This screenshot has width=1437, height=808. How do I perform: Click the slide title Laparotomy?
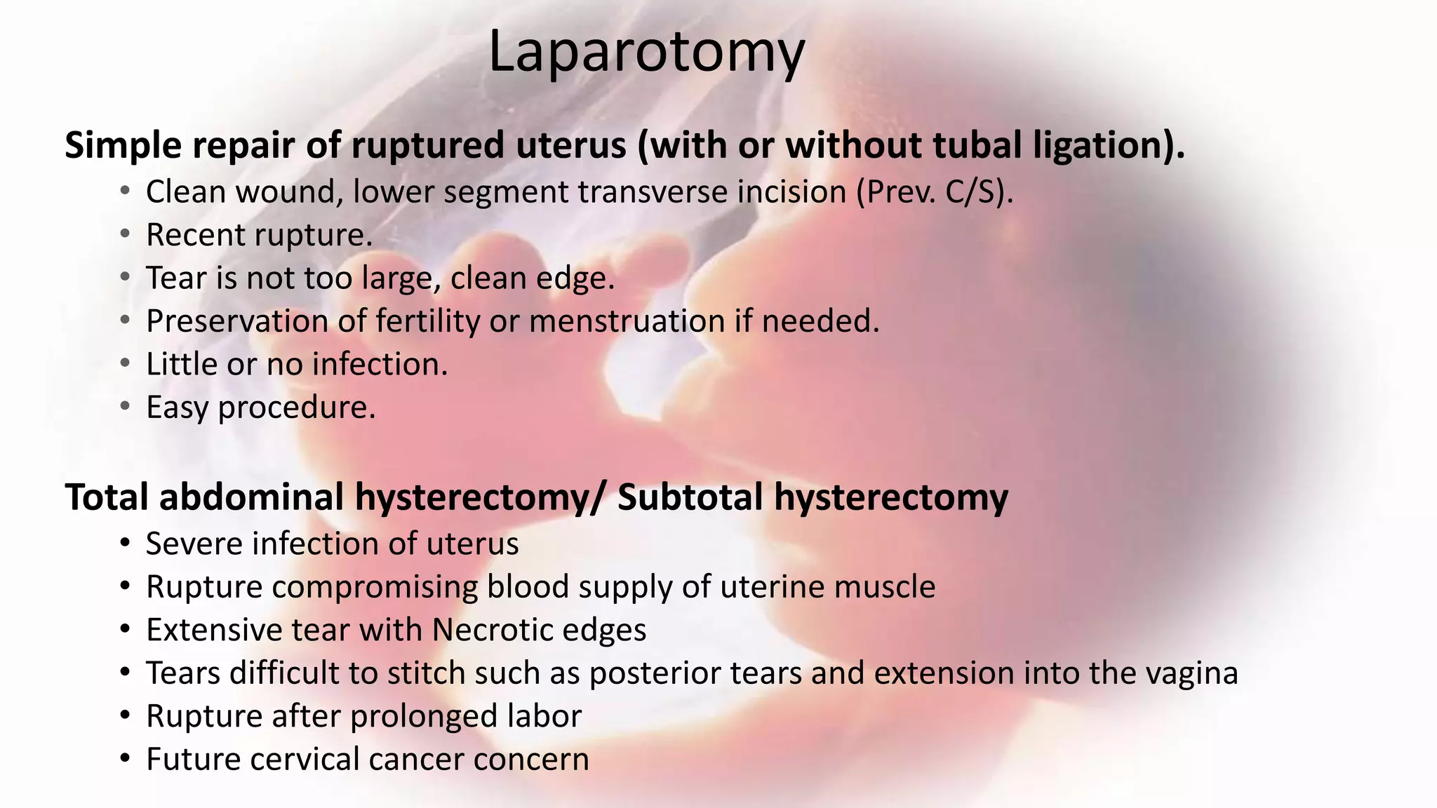646,52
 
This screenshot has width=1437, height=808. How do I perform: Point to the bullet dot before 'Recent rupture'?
125,234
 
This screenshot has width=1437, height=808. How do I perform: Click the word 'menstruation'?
627,322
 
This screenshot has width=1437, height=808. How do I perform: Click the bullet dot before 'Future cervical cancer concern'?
125,760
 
